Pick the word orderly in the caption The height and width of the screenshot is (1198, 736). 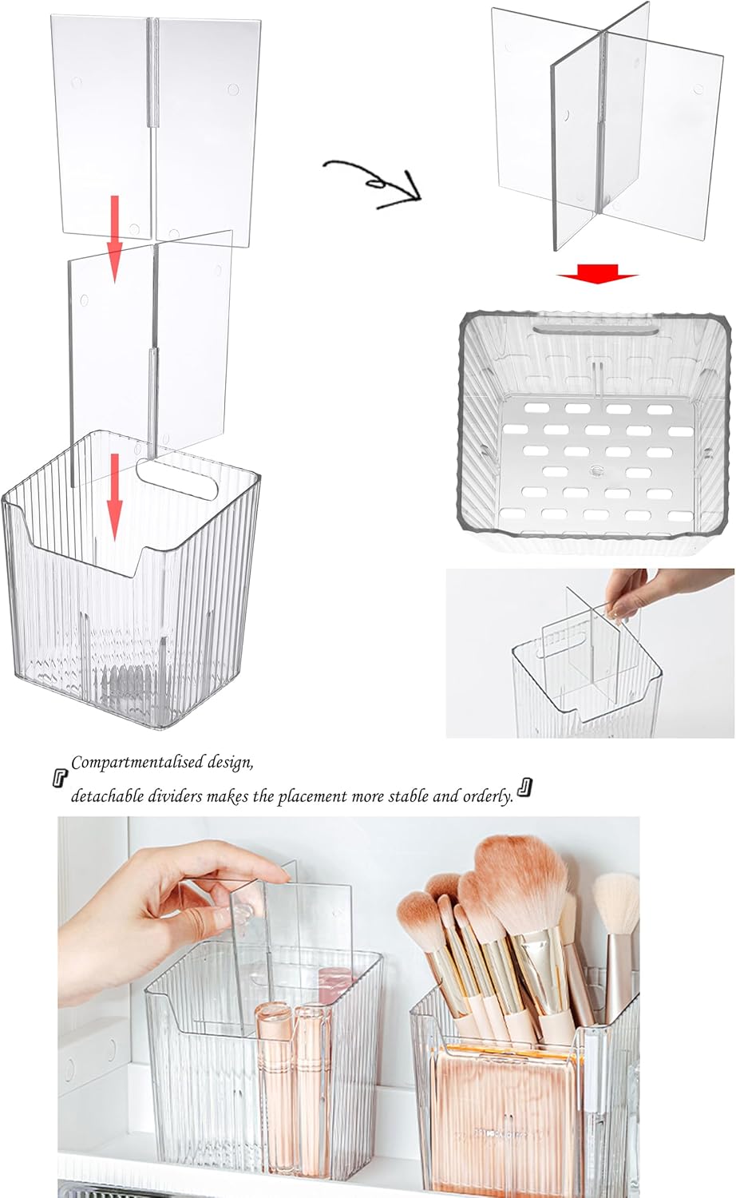(487, 796)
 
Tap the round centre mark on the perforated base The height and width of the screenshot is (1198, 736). (597, 470)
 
